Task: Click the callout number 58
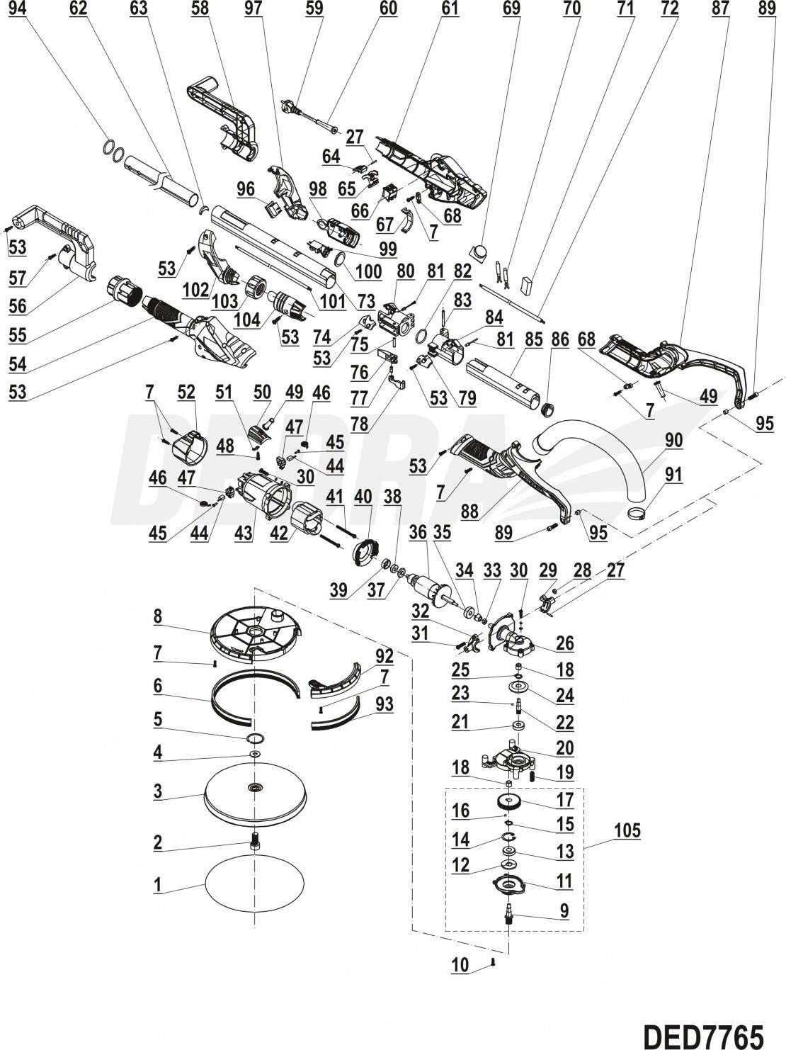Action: pos(200,9)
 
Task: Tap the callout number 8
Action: pos(158,616)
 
